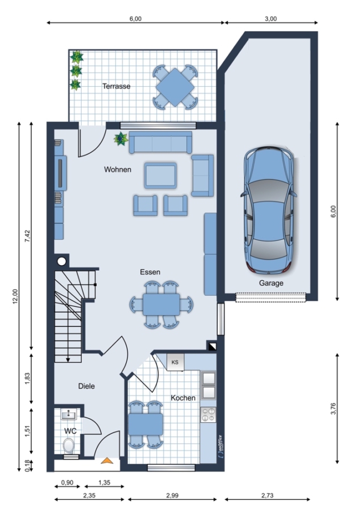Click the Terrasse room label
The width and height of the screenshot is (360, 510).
[x=116, y=86]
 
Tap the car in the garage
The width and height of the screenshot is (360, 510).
[x=269, y=210]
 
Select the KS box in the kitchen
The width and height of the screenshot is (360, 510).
[x=175, y=362]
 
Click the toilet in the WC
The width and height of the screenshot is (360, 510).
[x=69, y=445]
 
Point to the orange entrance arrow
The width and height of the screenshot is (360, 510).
[x=107, y=460]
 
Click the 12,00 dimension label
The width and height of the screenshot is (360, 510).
[x=15, y=296]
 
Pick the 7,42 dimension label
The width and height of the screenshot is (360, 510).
[x=27, y=236]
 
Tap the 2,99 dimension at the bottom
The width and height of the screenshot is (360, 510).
[x=172, y=495]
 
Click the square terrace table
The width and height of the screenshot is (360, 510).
[x=175, y=87]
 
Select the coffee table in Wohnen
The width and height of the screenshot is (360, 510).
[x=160, y=176]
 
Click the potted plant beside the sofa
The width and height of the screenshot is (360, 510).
[x=121, y=139]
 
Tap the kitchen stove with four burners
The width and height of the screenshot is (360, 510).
[x=208, y=415]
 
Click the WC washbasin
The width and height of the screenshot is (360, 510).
[x=69, y=415]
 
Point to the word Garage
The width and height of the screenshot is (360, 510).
[x=271, y=283]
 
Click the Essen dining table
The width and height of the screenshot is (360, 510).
[x=161, y=304]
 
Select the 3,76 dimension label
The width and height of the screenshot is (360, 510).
[x=333, y=409]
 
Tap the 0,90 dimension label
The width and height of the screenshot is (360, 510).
[x=67, y=483]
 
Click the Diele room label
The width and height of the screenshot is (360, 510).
[x=87, y=386]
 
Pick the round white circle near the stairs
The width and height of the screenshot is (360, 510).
[x=62, y=261]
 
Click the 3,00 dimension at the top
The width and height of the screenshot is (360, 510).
[x=271, y=19]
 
